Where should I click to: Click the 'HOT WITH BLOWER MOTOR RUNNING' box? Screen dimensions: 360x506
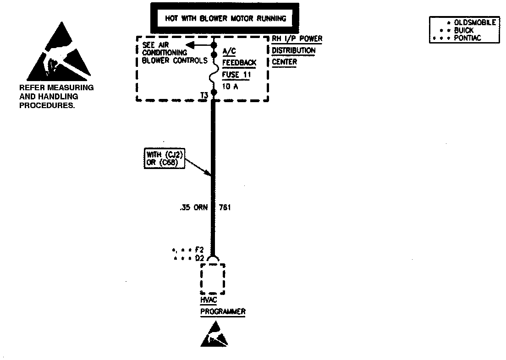point(225,19)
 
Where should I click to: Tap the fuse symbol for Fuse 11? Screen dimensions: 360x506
point(214,73)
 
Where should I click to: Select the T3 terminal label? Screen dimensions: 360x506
point(205,95)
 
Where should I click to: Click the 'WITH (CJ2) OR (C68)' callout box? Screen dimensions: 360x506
point(164,159)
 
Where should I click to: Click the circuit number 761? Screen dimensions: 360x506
point(225,207)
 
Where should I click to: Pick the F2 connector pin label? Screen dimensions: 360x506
point(199,250)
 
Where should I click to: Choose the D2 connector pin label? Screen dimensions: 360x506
point(199,258)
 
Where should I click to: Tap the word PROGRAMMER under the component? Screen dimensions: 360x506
point(223,311)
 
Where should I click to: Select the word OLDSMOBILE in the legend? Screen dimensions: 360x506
point(475,23)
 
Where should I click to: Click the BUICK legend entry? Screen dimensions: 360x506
point(464,30)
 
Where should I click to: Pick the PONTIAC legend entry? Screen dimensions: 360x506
point(467,38)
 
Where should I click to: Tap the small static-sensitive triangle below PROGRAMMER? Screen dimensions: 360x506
point(214,335)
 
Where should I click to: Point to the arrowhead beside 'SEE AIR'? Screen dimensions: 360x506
point(189,45)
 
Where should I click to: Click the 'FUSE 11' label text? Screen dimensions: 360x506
point(236,74)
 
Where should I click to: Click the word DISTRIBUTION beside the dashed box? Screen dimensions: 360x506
point(294,50)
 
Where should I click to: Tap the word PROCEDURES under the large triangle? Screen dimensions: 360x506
point(47,105)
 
